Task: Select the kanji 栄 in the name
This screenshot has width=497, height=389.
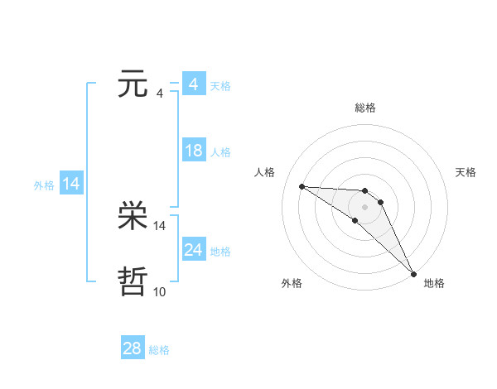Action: pos(133,218)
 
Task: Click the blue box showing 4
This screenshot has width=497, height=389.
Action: pos(193,84)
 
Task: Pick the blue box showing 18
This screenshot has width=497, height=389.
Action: pos(193,151)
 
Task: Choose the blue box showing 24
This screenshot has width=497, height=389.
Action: pos(193,250)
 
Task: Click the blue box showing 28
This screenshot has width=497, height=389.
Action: pos(133,348)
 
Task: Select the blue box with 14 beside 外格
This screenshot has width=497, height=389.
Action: pos(71,184)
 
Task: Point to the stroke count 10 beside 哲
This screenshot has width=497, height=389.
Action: pos(160,291)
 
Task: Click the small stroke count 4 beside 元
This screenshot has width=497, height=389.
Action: pos(160,93)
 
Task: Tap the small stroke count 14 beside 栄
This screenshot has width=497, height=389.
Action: pos(160,225)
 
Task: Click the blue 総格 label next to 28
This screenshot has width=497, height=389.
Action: pos(160,350)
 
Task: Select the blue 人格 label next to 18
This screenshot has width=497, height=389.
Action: pos(220,152)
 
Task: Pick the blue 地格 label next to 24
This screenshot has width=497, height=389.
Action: pos(220,252)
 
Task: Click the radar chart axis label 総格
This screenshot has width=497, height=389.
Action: pos(365,108)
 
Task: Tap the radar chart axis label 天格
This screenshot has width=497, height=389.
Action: pos(466,172)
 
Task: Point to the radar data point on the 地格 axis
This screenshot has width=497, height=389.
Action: pos(414,274)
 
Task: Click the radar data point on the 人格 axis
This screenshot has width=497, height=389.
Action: pos(302,186)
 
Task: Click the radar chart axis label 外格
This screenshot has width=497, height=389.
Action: pos(292,283)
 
